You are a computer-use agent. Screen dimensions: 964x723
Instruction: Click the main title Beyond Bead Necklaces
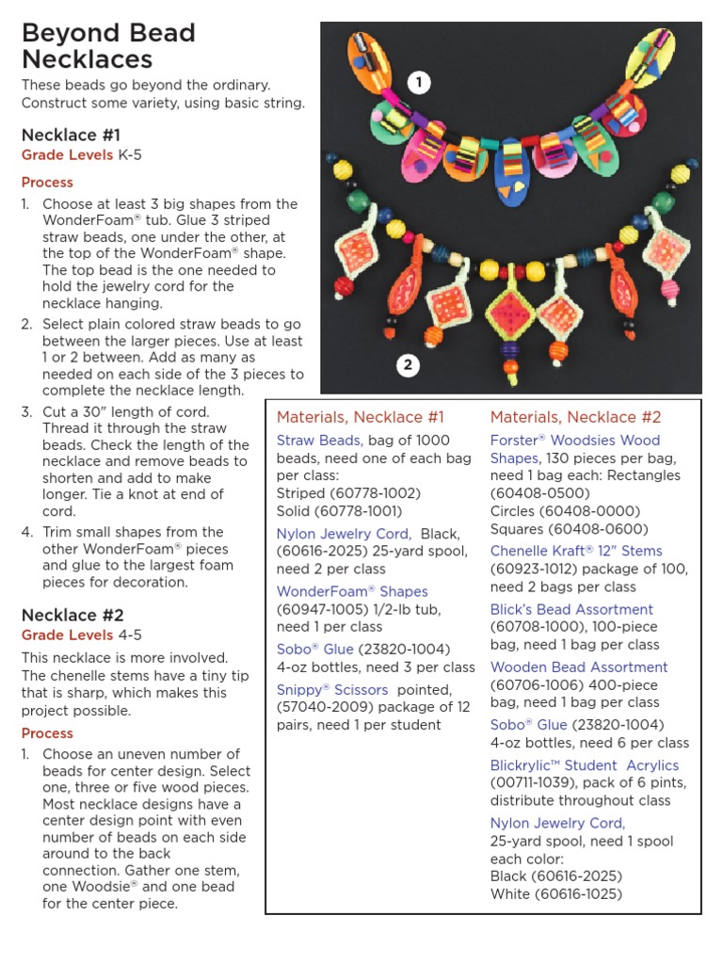tap(108, 46)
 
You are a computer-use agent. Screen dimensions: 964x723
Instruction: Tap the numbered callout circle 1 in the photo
tap(418, 83)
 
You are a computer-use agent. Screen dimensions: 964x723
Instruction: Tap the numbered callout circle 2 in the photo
tap(407, 365)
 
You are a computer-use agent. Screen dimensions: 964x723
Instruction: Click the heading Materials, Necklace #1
tap(360, 417)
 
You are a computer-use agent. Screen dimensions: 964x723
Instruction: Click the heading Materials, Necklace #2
tap(575, 417)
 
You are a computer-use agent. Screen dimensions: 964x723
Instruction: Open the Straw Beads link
tap(318, 440)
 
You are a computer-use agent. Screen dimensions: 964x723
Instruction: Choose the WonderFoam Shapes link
tap(352, 591)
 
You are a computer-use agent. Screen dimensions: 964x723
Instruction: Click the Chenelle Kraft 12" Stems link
tap(575, 551)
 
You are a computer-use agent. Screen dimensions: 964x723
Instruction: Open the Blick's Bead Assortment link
tap(571, 609)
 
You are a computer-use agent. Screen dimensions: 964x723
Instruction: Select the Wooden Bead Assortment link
tap(579, 667)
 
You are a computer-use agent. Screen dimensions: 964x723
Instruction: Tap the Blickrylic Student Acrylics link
tap(584, 765)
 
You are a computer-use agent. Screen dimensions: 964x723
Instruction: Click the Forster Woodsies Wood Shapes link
tap(574, 449)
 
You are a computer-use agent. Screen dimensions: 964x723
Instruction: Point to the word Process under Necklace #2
tap(47, 733)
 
